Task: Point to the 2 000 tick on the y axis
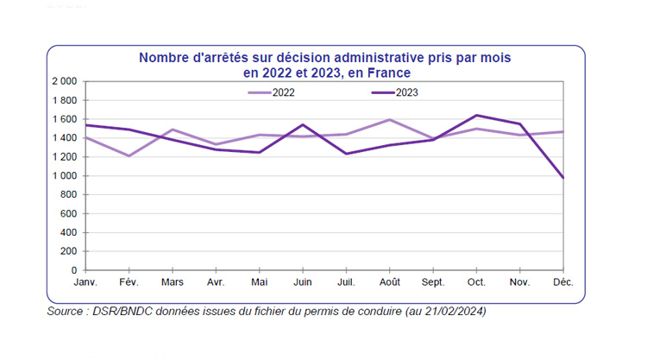point(65,81)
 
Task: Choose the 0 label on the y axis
point(75,271)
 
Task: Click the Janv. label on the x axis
point(85,282)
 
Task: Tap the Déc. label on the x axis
point(562,282)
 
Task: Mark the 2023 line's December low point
point(562,177)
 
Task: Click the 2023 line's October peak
point(476,115)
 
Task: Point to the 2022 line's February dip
point(129,156)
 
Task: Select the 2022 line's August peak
point(389,120)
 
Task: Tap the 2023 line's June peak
point(302,124)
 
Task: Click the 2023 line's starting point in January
point(85,125)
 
